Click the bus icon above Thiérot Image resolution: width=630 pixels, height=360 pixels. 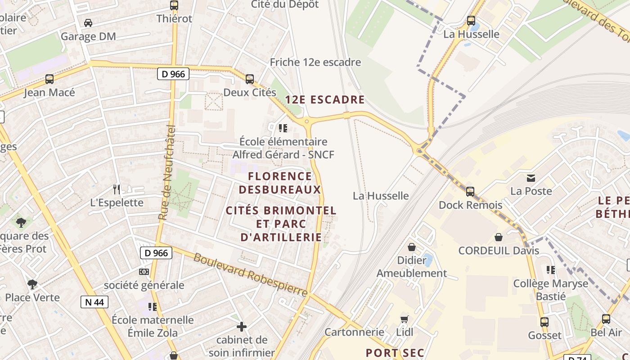click(x=174, y=5)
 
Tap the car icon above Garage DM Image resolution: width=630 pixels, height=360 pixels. click(x=88, y=22)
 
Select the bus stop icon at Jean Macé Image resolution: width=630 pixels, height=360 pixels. click(x=49, y=79)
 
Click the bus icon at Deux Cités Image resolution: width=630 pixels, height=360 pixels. click(x=250, y=79)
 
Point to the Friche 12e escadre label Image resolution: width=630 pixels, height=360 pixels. click(x=315, y=62)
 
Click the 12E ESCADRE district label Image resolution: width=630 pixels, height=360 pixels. click(x=324, y=99)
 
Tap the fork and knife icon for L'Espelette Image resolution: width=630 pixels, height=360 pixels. click(x=117, y=189)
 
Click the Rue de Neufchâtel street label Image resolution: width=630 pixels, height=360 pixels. click(x=166, y=172)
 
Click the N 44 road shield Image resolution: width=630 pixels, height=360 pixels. click(x=94, y=301)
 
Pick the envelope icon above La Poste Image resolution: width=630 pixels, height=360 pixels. click(x=531, y=178)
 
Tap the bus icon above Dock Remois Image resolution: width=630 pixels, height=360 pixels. click(x=470, y=192)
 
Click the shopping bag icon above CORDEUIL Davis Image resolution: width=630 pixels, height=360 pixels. click(x=499, y=237)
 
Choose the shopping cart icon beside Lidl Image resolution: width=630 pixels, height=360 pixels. click(x=405, y=319)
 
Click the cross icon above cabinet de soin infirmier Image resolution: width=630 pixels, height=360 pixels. click(x=242, y=326)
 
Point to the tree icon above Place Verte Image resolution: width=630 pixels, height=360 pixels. click(x=32, y=284)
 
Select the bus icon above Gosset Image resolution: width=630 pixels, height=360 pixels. click(x=544, y=322)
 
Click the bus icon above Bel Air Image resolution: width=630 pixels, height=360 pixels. click(x=606, y=319)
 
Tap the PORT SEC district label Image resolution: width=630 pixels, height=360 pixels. click(x=395, y=353)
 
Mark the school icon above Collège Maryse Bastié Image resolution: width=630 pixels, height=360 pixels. click(x=550, y=270)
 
